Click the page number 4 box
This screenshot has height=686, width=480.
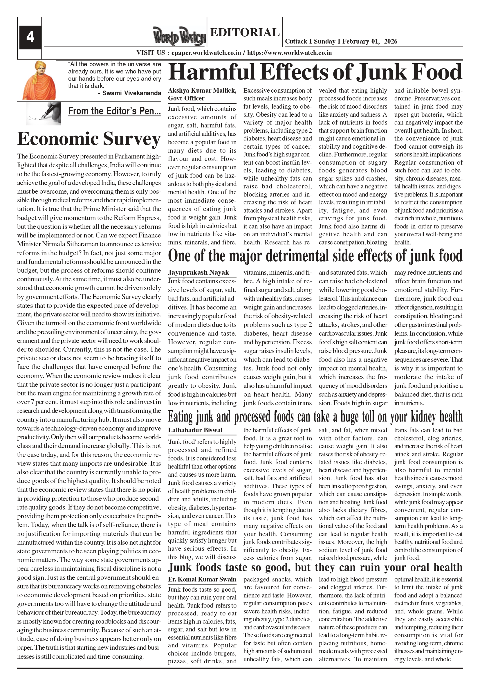(x=30, y=37)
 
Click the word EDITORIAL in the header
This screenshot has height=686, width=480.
(x=245, y=32)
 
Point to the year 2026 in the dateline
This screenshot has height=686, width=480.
(x=391, y=42)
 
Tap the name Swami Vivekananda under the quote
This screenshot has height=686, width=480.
(x=131, y=93)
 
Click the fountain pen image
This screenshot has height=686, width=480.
(x=44, y=113)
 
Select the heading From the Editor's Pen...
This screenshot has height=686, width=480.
(x=114, y=111)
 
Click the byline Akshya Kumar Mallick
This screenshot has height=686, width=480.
(x=202, y=91)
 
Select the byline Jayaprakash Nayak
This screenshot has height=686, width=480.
(x=198, y=272)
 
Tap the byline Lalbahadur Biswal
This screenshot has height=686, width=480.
(x=195, y=430)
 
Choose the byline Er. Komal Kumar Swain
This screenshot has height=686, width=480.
(x=202, y=579)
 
